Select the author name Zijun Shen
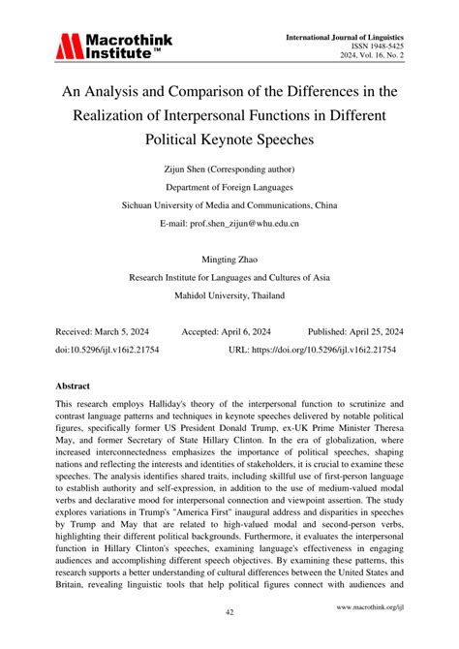coord(176,170)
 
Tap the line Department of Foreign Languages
coord(229,188)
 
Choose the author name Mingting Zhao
coord(229,259)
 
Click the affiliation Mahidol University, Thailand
coord(229,294)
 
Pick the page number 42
coord(229,612)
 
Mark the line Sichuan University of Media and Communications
coord(229,205)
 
